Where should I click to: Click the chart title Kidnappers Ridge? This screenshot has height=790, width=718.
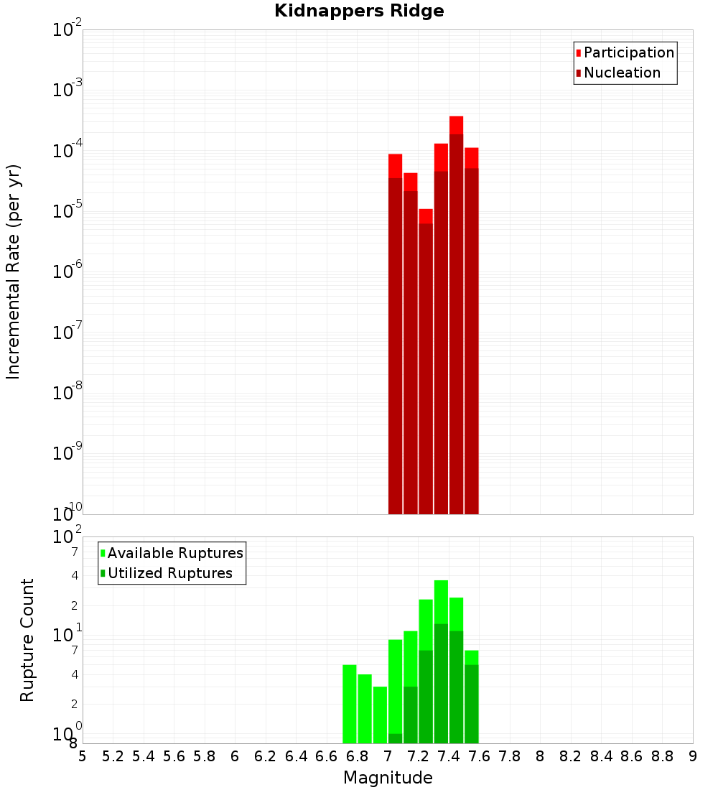click(359, 11)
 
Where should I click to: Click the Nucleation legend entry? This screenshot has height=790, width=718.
click(621, 73)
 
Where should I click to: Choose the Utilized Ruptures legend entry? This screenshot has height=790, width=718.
click(169, 573)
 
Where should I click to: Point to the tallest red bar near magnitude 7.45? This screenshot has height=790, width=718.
click(456, 316)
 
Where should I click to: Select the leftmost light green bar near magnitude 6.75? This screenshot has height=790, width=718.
click(350, 704)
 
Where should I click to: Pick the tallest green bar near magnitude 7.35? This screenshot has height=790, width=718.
click(441, 661)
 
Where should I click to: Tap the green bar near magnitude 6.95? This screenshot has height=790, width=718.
click(380, 715)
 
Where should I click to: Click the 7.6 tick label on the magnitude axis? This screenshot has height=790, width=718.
click(479, 756)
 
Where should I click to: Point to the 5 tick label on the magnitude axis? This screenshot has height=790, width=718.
click(83, 756)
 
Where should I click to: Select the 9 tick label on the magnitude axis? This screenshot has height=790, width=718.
click(693, 756)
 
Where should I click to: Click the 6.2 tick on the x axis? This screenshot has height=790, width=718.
click(266, 756)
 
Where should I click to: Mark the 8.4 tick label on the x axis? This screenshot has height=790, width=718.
click(601, 756)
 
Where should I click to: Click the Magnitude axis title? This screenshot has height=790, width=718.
click(388, 778)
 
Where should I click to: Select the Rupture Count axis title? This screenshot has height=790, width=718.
click(27, 640)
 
